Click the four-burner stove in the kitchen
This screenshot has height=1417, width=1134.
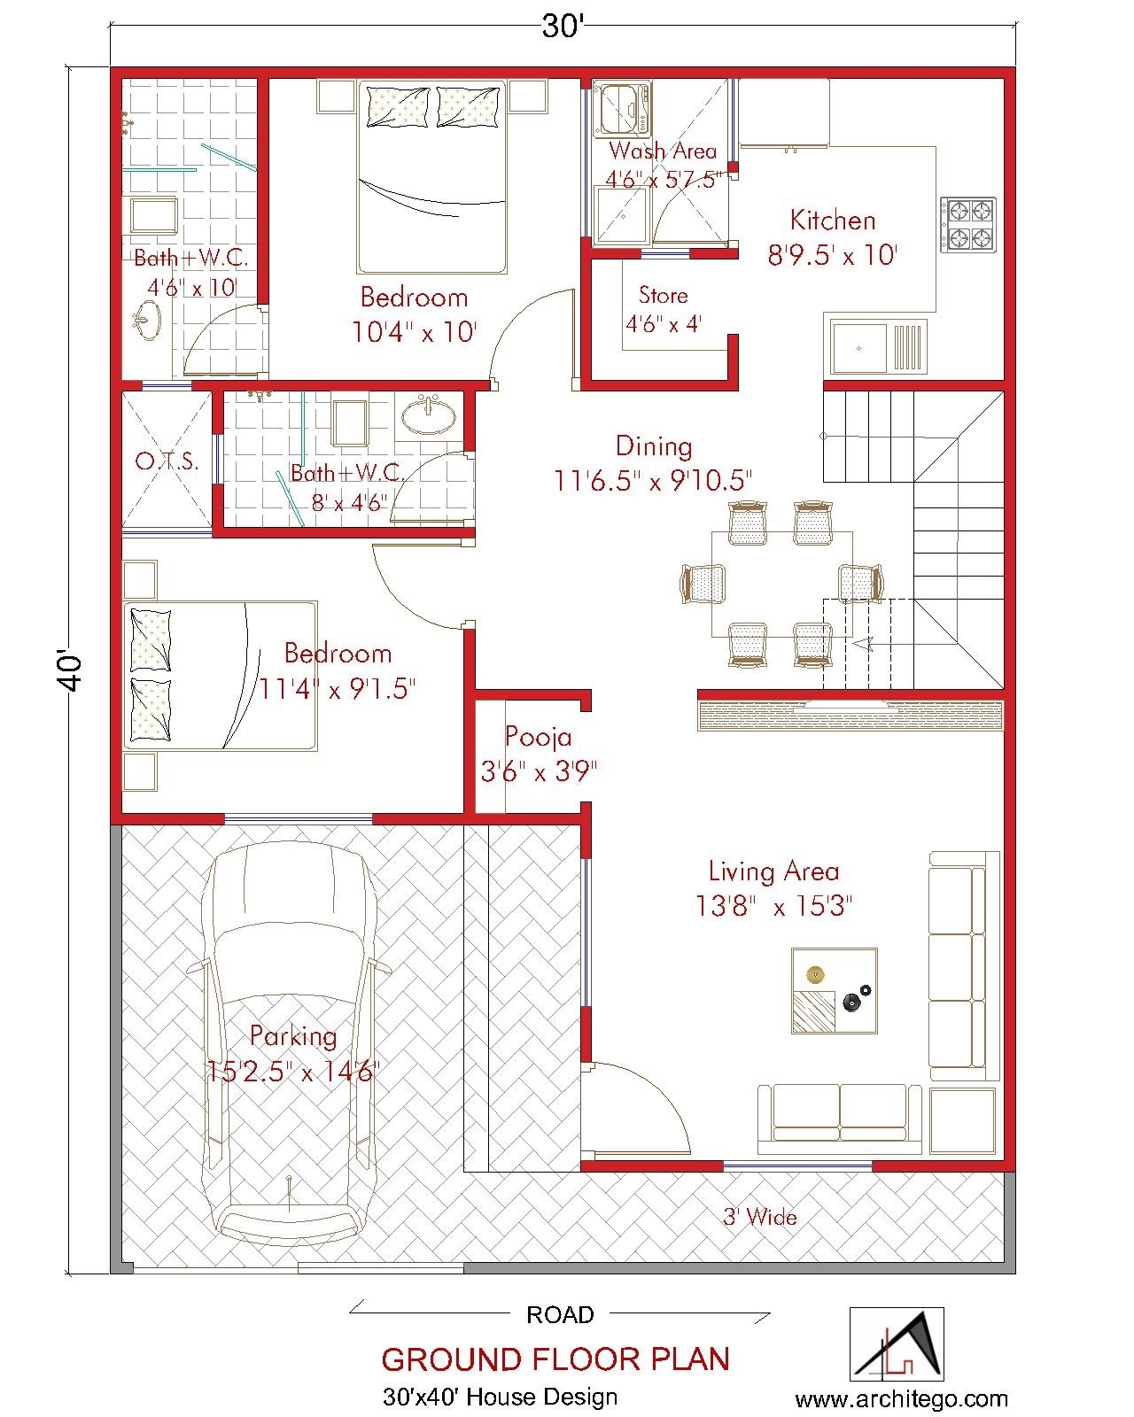(967, 224)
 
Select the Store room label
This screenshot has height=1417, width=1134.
(663, 295)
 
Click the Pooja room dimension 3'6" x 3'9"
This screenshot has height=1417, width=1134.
(539, 771)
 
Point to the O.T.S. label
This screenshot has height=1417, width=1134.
(167, 461)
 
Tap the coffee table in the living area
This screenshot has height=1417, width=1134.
(834, 990)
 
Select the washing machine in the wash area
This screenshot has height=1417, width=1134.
(622, 108)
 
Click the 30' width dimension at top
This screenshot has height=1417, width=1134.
(562, 27)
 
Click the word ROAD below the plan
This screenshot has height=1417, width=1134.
(560, 1314)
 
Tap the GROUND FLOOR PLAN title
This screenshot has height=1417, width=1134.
(555, 1359)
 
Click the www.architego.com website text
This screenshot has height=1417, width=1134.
(901, 1399)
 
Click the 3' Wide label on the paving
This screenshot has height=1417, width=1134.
(759, 1217)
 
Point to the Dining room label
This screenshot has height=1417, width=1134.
(654, 445)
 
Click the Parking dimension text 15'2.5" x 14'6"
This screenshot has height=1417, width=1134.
(293, 1072)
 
